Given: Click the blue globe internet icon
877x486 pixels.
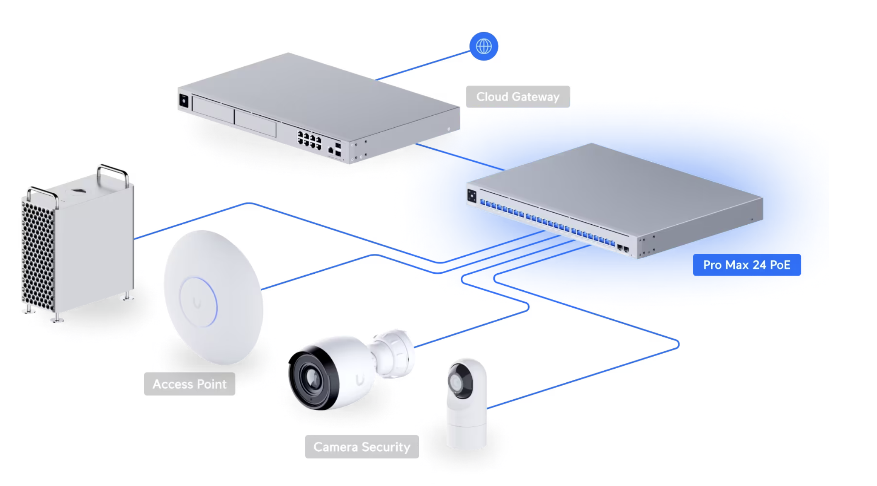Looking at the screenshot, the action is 483,46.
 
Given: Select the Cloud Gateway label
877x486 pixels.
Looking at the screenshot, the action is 517,97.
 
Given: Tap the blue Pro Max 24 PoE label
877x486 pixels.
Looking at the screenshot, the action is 746,265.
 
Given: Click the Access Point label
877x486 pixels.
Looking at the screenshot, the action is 189,384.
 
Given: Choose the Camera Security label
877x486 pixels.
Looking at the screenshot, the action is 362,447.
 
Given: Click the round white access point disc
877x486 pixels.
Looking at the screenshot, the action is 213,297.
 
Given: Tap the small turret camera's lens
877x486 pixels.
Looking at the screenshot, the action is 459,381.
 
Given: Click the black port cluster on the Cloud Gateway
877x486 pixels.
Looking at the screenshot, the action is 309,139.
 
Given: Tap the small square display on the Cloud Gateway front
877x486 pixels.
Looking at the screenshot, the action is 184,101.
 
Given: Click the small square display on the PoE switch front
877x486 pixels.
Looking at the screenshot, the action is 472,196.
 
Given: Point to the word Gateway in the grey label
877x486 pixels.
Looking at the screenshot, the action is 535,97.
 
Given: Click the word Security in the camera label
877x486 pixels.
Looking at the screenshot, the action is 386,447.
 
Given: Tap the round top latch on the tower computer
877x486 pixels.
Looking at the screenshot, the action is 78,191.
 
